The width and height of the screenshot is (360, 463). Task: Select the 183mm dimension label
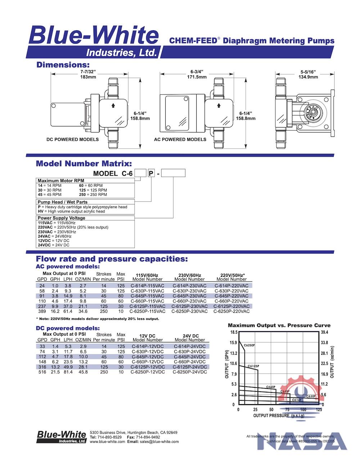point(88,77)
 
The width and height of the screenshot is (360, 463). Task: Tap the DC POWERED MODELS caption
point(72,139)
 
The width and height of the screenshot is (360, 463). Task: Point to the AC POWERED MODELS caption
point(180,139)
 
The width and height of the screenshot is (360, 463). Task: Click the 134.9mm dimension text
point(309,77)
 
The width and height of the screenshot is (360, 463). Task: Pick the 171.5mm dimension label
point(197,77)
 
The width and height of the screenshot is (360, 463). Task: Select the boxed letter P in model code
point(151,174)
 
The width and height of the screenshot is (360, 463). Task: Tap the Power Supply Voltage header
point(61,218)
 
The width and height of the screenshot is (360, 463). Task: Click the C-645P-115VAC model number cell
point(148,296)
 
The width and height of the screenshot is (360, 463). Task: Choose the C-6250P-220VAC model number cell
point(231,311)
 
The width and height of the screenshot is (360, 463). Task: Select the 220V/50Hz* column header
point(231,275)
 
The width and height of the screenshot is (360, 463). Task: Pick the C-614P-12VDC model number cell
point(148,346)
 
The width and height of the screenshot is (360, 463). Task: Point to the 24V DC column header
point(190,336)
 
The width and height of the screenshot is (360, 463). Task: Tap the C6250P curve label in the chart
point(249,345)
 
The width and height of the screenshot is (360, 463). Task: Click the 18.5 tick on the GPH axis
point(234,332)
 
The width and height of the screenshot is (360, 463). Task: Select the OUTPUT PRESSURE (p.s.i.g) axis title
point(279,415)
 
